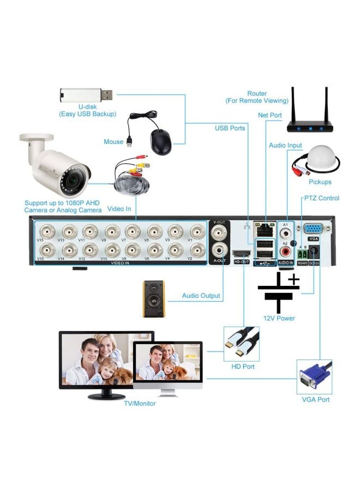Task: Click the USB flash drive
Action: [86, 95]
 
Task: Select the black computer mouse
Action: [160, 142]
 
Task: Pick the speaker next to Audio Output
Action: [153, 298]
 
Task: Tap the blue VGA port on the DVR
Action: [313, 229]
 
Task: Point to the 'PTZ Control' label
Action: [321, 198]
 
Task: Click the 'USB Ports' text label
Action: [230, 128]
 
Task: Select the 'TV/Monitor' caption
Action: [140, 403]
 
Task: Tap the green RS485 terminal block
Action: [301, 253]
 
